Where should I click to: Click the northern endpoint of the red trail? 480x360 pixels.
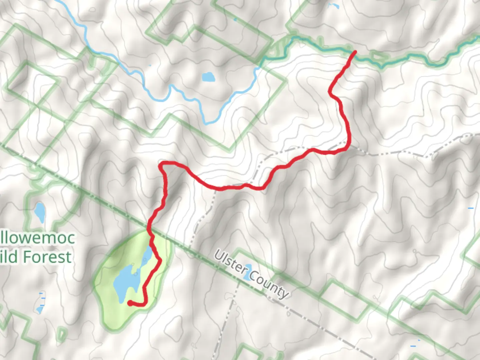[x=355, y=52]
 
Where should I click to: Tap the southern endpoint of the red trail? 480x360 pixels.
[x=130, y=303]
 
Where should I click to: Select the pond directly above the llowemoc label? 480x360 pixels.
[x=40, y=212]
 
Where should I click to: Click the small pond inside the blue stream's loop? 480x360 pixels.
[x=208, y=77]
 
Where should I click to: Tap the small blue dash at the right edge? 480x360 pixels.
[x=470, y=208]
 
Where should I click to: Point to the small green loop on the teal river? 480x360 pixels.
[x=378, y=57]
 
